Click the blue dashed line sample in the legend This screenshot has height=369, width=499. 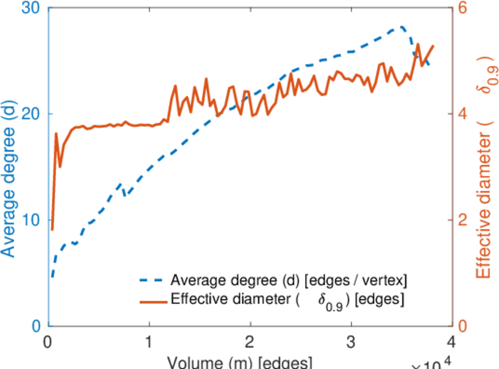pyautogui.click(x=151, y=280)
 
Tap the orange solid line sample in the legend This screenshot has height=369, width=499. pyautogui.click(x=151, y=301)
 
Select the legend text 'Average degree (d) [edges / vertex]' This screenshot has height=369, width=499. pyautogui.click(x=289, y=280)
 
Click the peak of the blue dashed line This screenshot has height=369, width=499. pyautogui.click(x=401, y=26)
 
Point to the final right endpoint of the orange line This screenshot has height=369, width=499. pyautogui.click(x=433, y=46)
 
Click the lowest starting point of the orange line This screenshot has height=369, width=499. pyautogui.click(x=52, y=229)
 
